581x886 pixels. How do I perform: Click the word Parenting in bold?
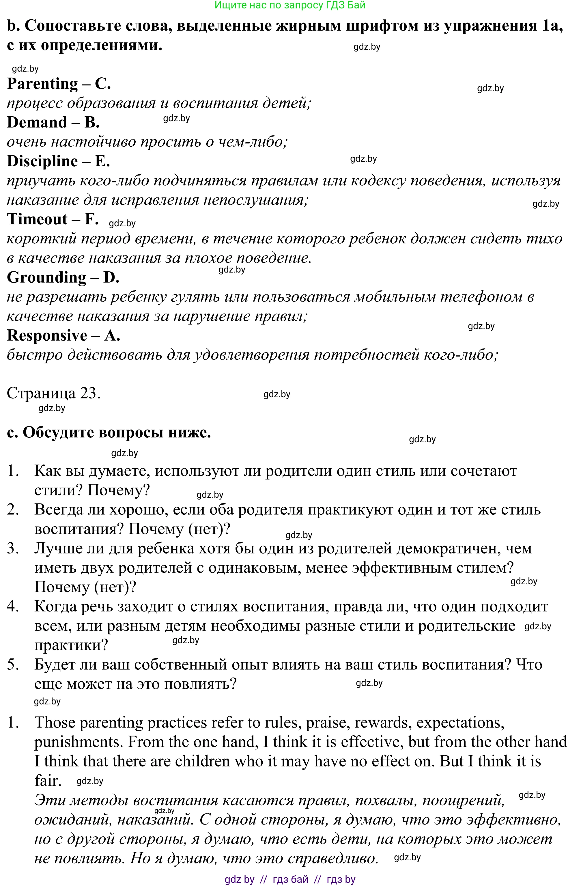pos(42,84)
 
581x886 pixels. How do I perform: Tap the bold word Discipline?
pos(42,161)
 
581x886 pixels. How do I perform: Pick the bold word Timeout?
pos(37,219)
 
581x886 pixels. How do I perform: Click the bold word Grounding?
pos(46,277)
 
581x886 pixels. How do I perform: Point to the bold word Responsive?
pos(47,335)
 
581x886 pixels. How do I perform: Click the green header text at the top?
pos(290,5)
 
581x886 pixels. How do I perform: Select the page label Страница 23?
pos(54,393)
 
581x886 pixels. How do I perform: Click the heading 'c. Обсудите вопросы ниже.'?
pos(109,432)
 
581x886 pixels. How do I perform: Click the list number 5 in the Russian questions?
pos(13,665)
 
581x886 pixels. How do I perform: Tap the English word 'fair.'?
pos(48,781)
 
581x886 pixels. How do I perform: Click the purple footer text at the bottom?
pos(290,880)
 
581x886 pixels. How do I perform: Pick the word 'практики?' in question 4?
pos(71,645)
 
